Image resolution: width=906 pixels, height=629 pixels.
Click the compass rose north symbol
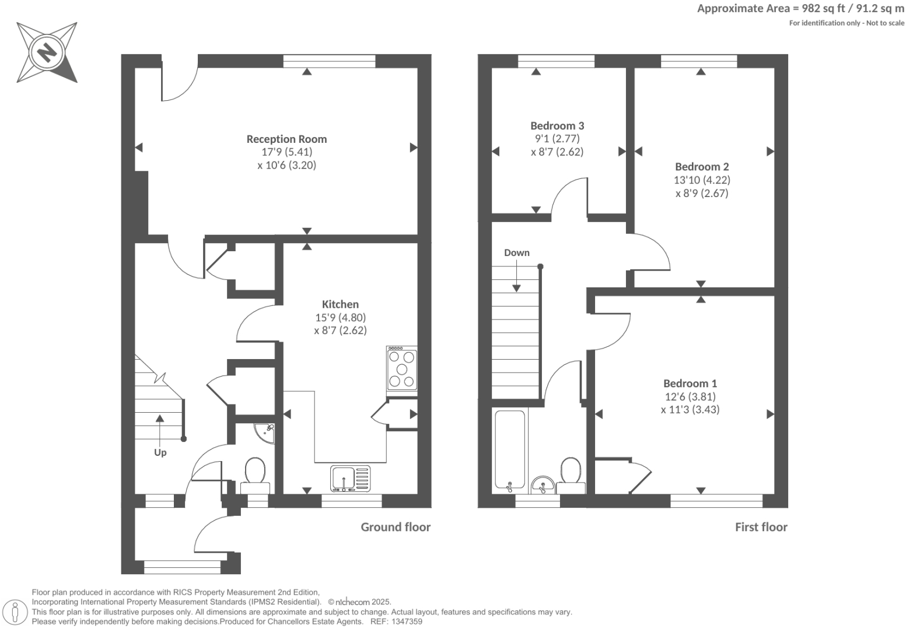(47, 53)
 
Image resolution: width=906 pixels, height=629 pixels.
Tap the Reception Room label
(286, 139)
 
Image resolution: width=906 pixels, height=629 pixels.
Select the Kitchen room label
(340, 304)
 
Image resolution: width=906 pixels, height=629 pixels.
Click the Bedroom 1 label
(690, 383)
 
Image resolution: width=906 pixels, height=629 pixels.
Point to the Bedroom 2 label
(702, 167)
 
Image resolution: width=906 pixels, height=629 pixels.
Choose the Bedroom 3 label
(557, 125)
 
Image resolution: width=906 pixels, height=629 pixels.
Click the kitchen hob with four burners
(402, 368)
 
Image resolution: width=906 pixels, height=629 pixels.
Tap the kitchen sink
(350, 478)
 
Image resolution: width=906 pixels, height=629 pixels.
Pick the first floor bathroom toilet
(571, 473)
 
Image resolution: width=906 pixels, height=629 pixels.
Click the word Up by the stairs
(160, 453)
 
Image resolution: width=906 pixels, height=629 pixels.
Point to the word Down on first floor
(517, 252)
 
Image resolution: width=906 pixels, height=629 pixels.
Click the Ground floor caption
(396, 527)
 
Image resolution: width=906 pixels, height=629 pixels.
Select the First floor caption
(761, 527)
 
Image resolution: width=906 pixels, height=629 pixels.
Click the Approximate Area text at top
(800, 8)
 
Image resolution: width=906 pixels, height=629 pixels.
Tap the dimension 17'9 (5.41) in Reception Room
(286, 152)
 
